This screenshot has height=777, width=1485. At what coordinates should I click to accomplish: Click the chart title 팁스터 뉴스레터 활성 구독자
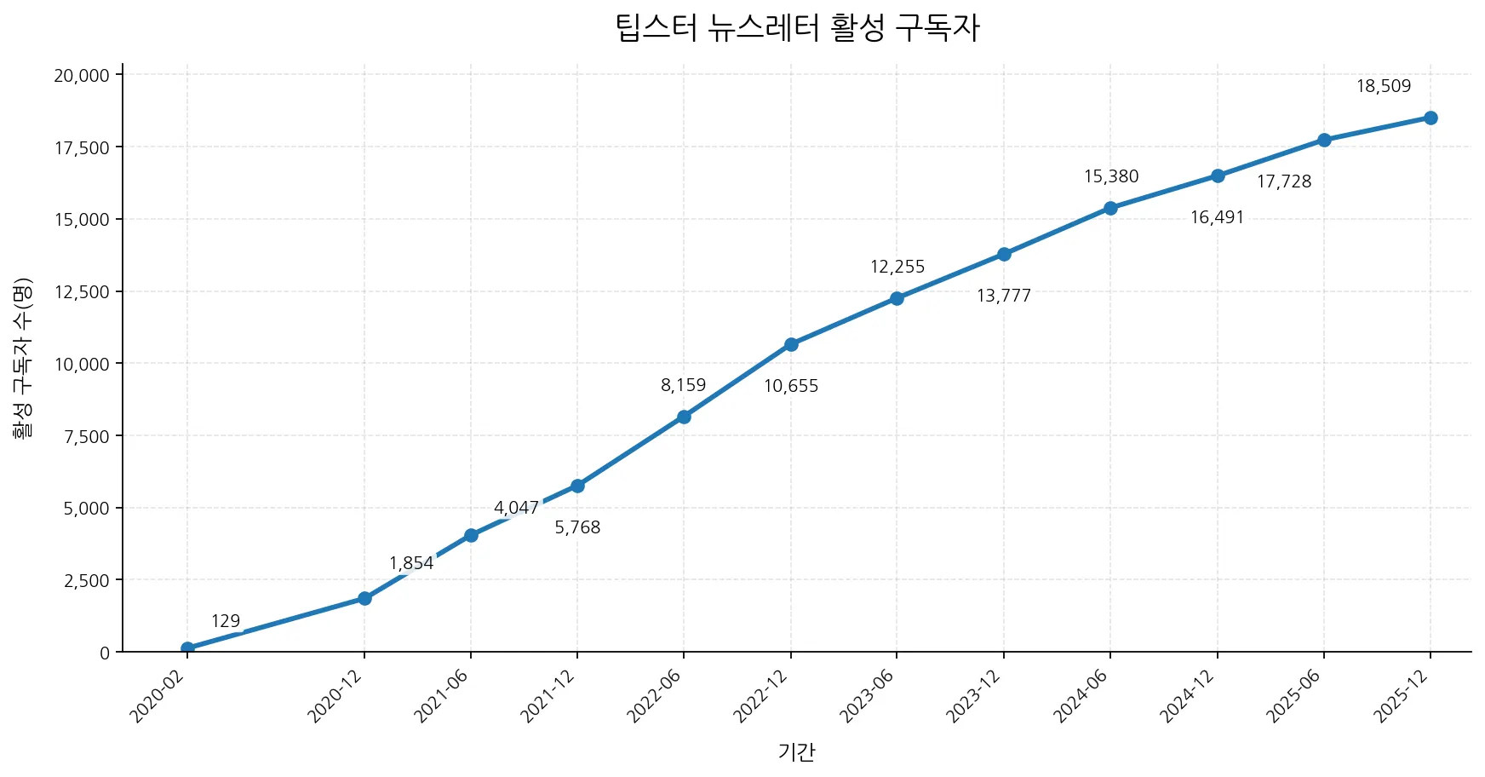(x=797, y=28)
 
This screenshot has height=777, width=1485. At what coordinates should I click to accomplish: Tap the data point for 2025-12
(x=1431, y=118)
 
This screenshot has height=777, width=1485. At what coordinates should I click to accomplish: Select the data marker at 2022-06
(x=684, y=417)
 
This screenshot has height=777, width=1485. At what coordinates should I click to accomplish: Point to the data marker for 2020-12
(x=364, y=598)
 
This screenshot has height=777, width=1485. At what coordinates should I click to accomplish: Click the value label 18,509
(x=1383, y=86)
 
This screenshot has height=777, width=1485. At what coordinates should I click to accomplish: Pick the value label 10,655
(x=790, y=386)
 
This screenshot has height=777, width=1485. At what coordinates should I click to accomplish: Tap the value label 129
(x=226, y=621)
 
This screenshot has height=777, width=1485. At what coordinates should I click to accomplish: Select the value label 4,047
(x=516, y=508)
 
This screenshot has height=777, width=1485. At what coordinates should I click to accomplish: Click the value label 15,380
(x=1110, y=176)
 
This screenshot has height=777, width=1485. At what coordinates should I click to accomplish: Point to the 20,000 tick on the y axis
(x=82, y=75)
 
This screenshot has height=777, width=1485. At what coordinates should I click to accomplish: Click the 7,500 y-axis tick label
(x=86, y=436)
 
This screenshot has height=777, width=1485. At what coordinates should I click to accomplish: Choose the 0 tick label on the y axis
(x=105, y=653)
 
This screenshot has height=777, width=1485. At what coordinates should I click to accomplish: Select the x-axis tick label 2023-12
(x=976, y=696)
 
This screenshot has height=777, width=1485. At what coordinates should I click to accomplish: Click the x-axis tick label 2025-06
(x=1295, y=696)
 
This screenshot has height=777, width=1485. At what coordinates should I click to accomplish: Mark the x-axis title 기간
(x=796, y=751)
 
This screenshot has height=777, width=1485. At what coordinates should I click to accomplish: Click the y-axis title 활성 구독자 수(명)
(x=22, y=358)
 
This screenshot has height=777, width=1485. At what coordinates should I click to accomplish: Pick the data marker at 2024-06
(x=1110, y=208)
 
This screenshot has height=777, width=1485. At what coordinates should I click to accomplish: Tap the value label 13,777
(x=1003, y=296)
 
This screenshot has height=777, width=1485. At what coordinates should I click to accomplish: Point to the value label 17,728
(x=1283, y=181)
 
